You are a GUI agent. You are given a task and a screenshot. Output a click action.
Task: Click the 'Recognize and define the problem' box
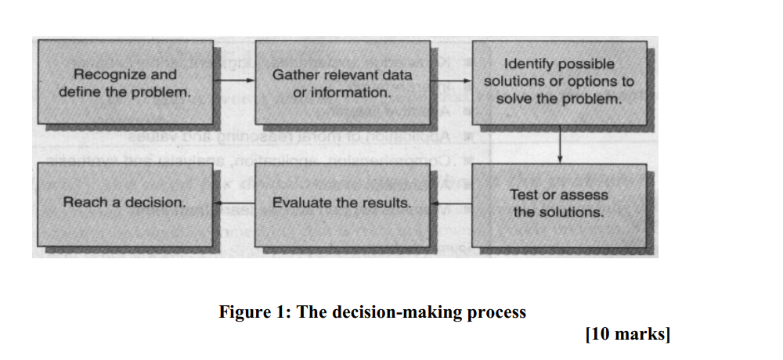click(x=125, y=82)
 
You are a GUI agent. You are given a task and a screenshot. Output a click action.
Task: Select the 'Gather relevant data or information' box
click(x=343, y=82)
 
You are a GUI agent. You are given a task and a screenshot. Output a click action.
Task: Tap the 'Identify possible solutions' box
click(x=559, y=82)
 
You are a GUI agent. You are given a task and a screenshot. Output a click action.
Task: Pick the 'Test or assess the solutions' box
click(x=559, y=203)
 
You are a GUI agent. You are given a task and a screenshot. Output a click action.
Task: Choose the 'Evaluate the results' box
click(x=343, y=203)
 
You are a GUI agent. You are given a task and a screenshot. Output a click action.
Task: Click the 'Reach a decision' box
click(x=125, y=203)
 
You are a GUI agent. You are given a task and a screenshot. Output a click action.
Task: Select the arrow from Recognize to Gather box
click(x=234, y=81)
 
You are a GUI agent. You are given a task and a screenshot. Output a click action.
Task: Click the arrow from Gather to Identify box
click(x=452, y=81)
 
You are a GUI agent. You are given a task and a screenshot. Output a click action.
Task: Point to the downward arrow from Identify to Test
click(x=561, y=144)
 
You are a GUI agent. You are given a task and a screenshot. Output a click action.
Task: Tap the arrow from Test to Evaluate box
click(x=452, y=203)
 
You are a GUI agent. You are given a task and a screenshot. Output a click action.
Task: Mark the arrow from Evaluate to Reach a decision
click(x=234, y=203)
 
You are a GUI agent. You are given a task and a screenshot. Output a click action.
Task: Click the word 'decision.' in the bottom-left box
click(x=161, y=203)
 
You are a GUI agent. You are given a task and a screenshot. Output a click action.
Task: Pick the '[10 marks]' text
click(x=627, y=335)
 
